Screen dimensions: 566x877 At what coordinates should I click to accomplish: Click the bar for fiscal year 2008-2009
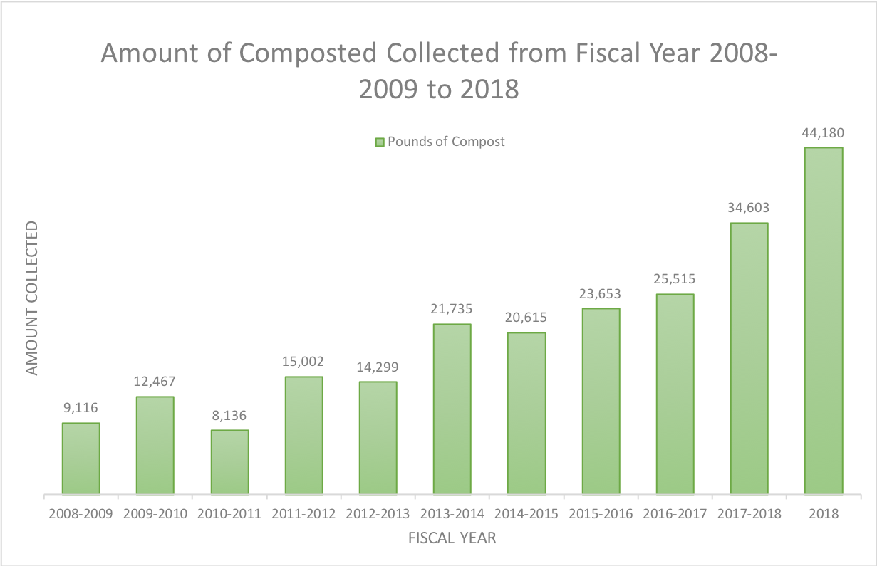(81, 458)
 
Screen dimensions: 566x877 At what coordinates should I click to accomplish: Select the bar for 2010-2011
(229, 461)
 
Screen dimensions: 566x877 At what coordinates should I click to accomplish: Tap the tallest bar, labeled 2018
(824, 320)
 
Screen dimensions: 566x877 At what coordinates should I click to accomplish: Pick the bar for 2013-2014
(452, 409)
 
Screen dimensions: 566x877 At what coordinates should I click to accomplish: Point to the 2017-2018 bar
(749, 358)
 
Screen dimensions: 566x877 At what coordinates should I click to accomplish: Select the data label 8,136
(229, 415)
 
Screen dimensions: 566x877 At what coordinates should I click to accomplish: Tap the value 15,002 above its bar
(303, 362)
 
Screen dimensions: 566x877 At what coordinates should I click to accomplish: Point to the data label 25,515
(675, 279)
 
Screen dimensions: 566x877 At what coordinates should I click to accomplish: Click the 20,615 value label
(526, 318)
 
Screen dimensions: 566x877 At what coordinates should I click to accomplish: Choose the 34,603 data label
(749, 208)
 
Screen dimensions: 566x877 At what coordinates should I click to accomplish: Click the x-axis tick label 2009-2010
(155, 513)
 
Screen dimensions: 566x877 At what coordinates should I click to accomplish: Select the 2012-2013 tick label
(378, 513)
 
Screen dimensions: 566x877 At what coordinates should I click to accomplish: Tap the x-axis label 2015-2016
(601, 513)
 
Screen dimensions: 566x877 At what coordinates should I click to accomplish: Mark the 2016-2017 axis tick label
(675, 513)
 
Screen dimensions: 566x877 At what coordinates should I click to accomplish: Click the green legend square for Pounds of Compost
(380, 142)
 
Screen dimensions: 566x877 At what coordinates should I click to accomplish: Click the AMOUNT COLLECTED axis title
(32, 298)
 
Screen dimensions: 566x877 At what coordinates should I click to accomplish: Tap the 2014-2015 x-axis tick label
(526, 513)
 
